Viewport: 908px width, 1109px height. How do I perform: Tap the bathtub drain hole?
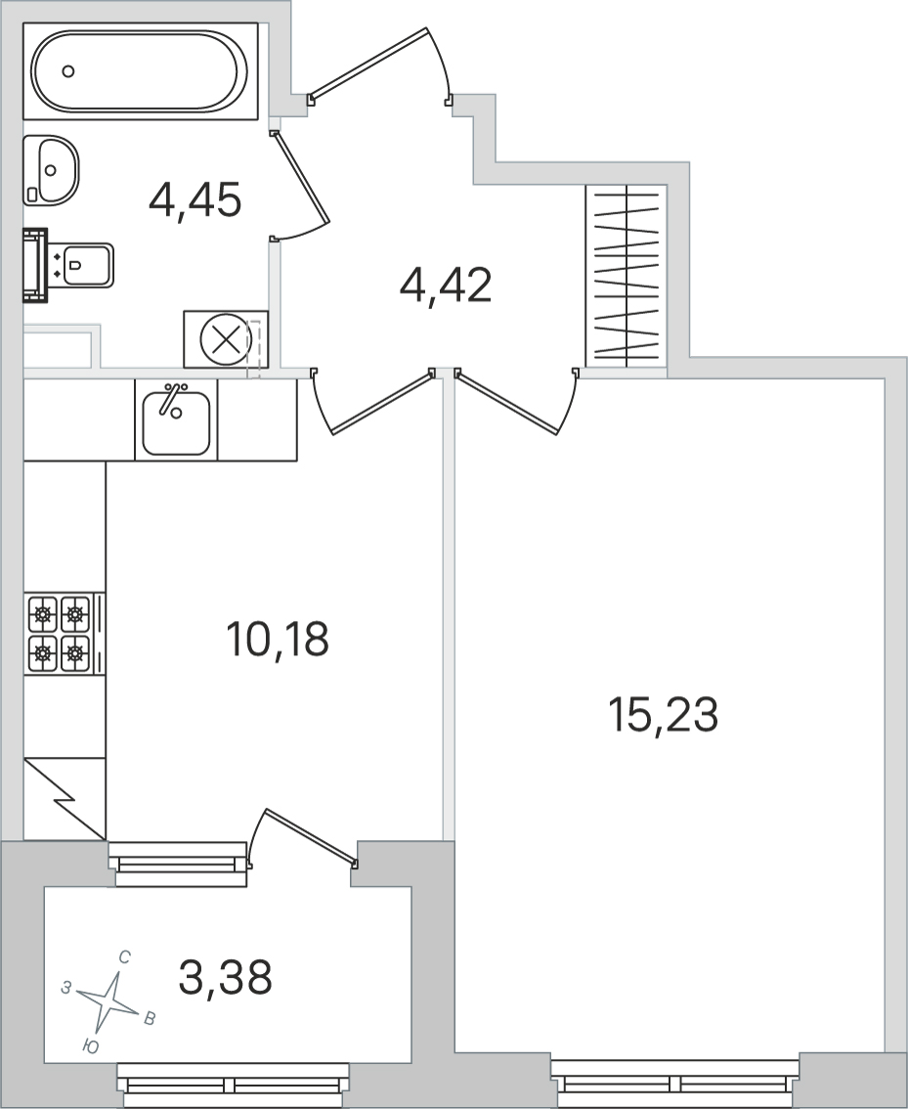68,70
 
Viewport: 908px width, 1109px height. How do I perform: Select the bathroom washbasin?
51,168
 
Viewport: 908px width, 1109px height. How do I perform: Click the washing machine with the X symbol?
226,339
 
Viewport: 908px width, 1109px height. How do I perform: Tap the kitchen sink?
176,421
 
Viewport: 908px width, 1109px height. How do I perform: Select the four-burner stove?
65,634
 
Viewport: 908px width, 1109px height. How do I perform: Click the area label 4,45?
195,200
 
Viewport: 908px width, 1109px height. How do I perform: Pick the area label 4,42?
445,286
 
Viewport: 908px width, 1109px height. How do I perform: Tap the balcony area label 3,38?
226,977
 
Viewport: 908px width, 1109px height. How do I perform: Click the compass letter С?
124,958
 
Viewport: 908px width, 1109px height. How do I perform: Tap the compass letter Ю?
89,1046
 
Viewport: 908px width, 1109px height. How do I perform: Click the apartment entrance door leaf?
368,63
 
